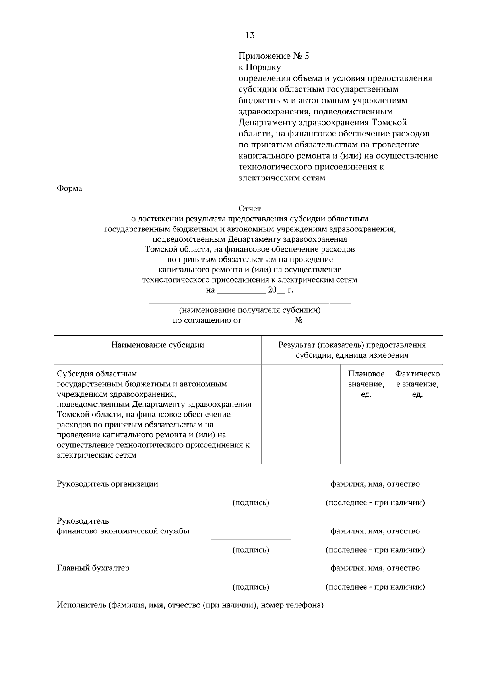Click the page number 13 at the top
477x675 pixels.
250,35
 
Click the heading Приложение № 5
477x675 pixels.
273,56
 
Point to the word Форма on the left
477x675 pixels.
70,188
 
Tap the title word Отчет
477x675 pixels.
250,208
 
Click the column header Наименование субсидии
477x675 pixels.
157,345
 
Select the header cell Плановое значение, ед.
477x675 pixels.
366,384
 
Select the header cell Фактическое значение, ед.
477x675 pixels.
417,384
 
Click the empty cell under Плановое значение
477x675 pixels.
366,433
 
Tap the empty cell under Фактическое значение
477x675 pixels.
417,433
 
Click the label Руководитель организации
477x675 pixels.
107,484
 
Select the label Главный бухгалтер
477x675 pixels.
93,568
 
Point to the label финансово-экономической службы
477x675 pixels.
123,531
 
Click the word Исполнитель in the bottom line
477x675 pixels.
81,605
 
